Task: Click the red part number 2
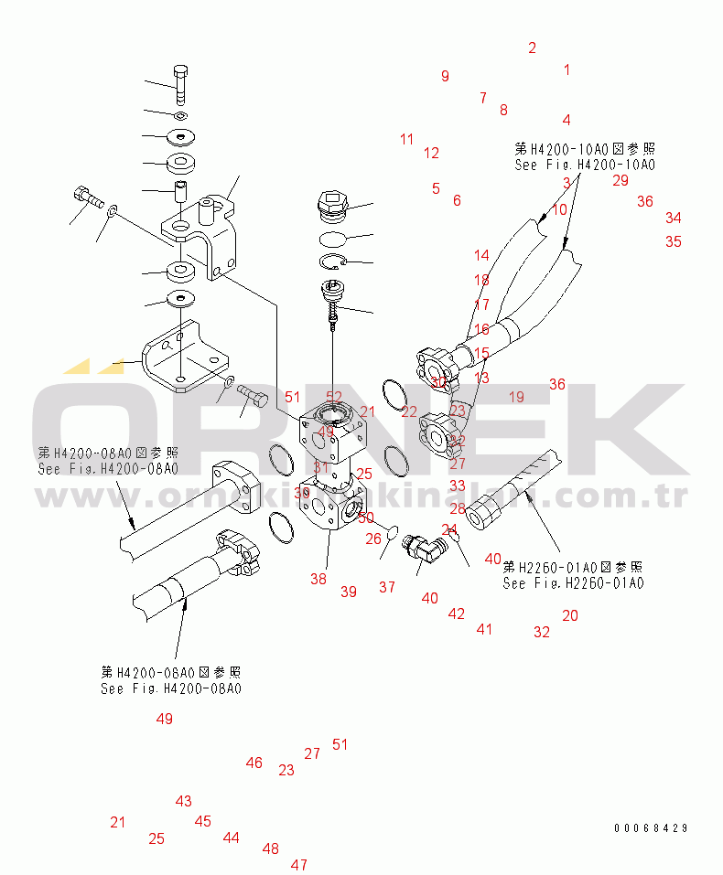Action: tap(532, 48)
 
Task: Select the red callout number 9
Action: tap(445, 76)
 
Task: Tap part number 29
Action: tap(620, 180)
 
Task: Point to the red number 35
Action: tap(673, 241)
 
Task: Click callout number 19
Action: tap(516, 397)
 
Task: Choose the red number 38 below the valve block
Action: tap(318, 578)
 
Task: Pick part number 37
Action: tap(387, 587)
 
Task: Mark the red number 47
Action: tap(299, 864)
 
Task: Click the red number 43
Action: tap(184, 801)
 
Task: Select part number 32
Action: tap(542, 631)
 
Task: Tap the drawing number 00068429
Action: tap(651, 828)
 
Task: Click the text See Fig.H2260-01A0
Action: tap(573, 583)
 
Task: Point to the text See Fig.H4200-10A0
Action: tap(585, 165)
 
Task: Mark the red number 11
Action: tap(406, 139)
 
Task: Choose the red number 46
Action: tap(254, 763)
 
